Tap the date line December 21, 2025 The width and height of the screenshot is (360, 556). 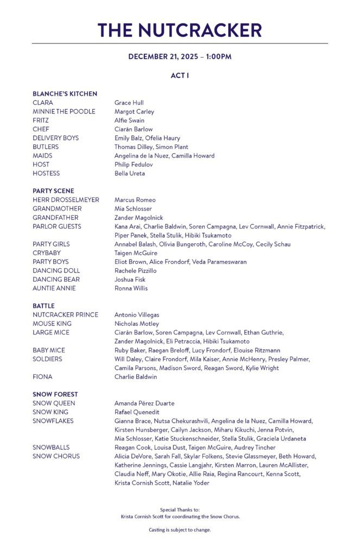180,57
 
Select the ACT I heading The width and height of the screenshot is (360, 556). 180,75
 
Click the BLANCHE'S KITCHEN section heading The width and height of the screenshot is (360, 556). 65,94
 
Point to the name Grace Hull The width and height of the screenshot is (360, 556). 129,103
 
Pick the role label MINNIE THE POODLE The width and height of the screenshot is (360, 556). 64,111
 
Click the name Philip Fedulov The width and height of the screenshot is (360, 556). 133,165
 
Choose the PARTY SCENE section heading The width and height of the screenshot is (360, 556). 53,191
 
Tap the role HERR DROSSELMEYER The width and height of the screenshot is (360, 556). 66,200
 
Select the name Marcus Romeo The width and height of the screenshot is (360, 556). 135,200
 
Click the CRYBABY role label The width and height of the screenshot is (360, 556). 47,253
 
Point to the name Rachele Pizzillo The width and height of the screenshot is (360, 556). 135,270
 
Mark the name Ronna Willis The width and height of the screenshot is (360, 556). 131,288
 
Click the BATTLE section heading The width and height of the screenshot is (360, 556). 43,306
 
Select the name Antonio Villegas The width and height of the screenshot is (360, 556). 136,315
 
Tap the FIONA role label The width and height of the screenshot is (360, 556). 42,377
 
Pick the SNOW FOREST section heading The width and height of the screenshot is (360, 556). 55,395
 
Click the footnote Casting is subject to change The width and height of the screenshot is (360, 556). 180,529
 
